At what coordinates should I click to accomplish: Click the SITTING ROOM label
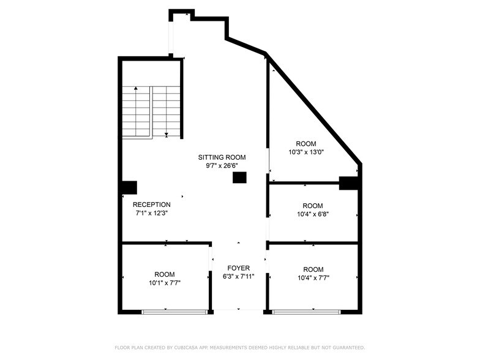click(221, 157)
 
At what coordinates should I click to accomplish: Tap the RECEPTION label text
click(151, 204)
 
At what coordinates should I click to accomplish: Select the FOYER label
click(238, 268)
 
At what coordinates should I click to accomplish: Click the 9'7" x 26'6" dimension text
click(221, 166)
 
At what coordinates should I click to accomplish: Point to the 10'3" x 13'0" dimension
click(306, 152)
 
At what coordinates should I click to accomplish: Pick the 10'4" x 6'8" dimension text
click(312, 214)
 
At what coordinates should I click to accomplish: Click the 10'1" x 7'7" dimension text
click(164, 283)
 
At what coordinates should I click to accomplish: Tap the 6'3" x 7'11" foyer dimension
click(238, 277)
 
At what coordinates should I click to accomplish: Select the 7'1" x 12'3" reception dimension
click(151, 213)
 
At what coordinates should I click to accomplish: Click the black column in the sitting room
click(239, 178)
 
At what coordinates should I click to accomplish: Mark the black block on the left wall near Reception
click(129, 187)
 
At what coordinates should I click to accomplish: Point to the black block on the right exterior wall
click(350, 182)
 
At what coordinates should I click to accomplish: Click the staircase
click(151, 112)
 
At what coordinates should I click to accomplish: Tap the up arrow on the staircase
click(136, 89)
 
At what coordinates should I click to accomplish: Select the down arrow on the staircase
click(167, 134)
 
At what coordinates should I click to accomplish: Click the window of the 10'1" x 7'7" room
click(174, 312)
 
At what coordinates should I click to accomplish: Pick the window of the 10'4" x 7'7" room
click(306, 312)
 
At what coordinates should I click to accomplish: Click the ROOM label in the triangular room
click(306, 144)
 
